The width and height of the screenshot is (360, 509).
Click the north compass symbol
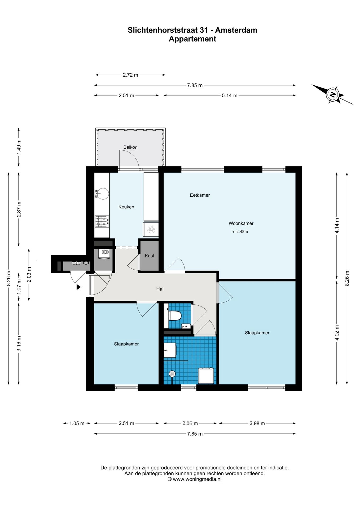[333, 95]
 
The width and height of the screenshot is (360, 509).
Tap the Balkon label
[130, 147]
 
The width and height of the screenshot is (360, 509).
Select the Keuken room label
[126, 207]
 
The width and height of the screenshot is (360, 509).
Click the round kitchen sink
[103, 194]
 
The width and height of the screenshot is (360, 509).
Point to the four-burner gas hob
[102, 221]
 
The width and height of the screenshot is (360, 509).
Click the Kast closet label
[149, 256]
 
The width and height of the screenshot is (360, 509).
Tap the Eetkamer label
[200, 195]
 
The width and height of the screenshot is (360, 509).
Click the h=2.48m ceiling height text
[240, 231]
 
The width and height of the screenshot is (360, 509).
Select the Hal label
[160, 289]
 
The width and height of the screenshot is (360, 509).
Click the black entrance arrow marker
[78, 287]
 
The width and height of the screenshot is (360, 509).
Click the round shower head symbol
[172, 374]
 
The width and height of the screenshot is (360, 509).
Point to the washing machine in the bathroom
[206, 375]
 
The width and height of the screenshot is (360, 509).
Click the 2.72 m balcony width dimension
[130, 75]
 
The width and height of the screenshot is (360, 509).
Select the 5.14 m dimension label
[230, 95]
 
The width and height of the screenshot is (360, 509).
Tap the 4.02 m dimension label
[337, 333]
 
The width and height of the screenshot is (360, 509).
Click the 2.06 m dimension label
[190, 423]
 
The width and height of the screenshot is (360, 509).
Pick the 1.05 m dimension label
[77, 423]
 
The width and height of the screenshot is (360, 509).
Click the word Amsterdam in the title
[236, 30]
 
